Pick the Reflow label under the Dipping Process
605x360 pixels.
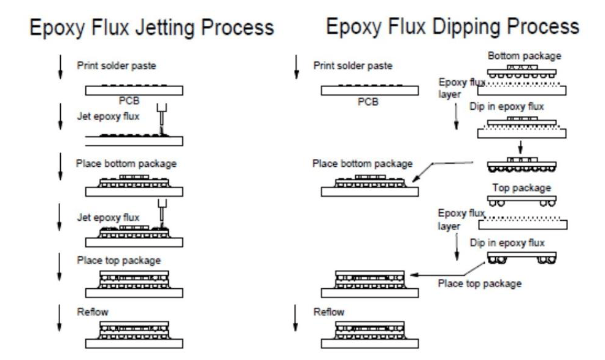click(329, 312)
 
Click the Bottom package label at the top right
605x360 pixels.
click(524, 56)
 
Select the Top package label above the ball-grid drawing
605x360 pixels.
click(522, 188)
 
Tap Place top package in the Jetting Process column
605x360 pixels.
click(118, 260)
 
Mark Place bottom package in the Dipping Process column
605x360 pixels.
click(363, 164)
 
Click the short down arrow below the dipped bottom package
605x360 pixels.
click(520, 148)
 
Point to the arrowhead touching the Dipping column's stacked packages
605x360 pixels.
click(410, 276)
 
